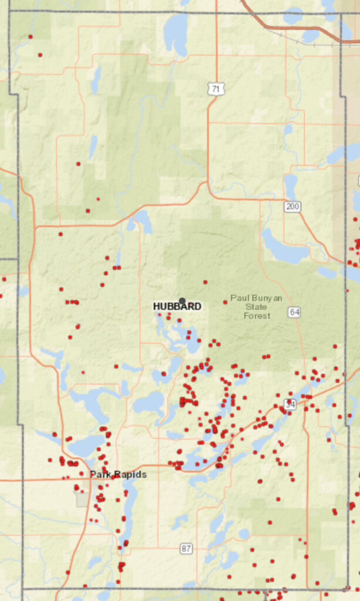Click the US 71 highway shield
point(216,89)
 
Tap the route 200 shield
point(292,206)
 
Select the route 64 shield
point(294,312)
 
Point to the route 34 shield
point(290,404)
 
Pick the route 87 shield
point(186,548)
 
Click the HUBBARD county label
point(177,306)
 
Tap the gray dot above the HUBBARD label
point(182,300)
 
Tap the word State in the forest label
point(256,307)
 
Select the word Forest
point(257,316)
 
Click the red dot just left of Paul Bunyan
point(225,302)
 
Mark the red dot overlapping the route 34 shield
point(290,401)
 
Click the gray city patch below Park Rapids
point(83,498)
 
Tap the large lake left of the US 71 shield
point(176,32)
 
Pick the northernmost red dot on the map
point(30,36)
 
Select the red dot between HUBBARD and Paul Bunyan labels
point(205,282)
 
